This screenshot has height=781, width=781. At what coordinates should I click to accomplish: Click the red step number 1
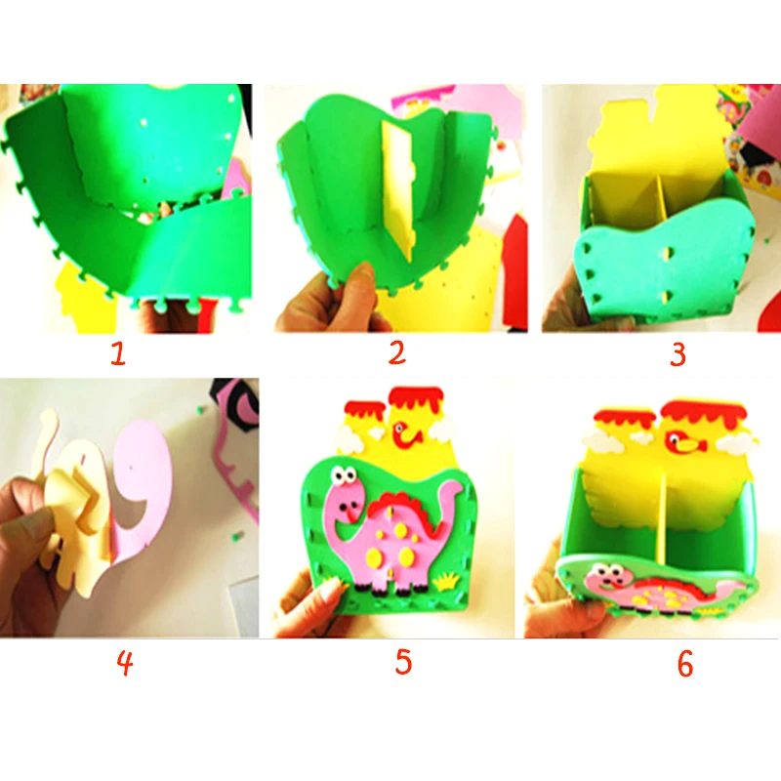[118, 353]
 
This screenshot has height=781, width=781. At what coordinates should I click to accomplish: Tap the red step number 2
[397, 352]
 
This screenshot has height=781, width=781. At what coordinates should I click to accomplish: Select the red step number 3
[678, 354]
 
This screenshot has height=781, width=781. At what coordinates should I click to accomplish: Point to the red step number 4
[125, 664]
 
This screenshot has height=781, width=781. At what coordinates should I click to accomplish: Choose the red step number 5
[403, 662]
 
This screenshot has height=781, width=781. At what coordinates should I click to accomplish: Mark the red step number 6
[685, 664]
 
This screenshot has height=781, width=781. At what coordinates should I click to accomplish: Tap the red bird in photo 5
[405, 433]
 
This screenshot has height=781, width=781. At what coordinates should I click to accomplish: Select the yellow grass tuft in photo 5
[446, 580]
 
